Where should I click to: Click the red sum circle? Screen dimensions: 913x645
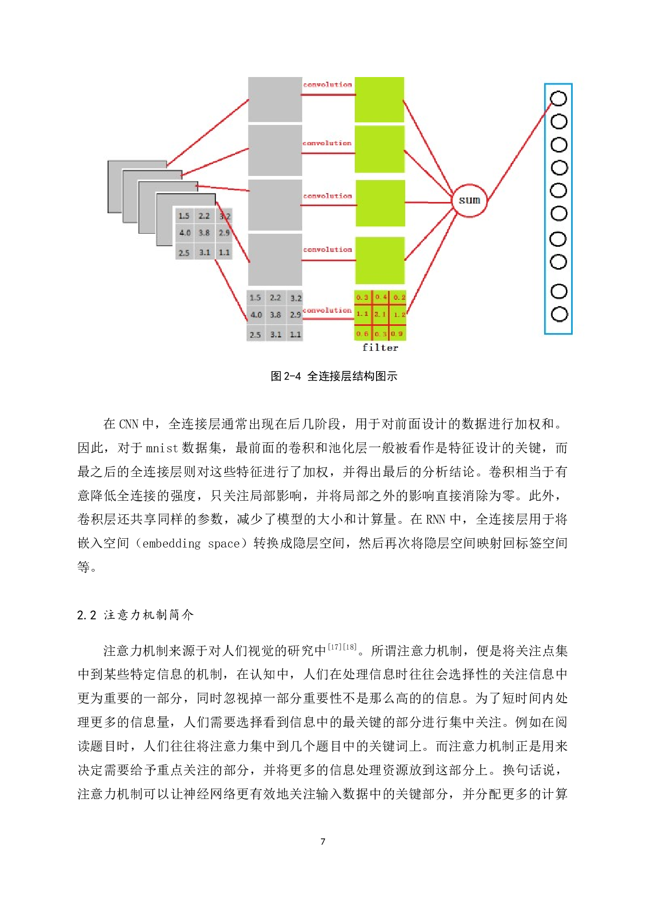(x=469, y=200)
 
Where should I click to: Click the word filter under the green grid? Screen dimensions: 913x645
(x=380, y=348)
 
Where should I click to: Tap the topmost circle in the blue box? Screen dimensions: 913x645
(x=558, y=98)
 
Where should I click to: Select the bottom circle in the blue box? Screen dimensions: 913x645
(x=559, y=314)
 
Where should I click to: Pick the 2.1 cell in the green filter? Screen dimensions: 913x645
(x=380, y=314)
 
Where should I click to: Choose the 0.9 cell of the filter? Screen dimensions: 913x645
(x=397, y=334)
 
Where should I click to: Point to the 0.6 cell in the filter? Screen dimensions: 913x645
(x=363, y=334)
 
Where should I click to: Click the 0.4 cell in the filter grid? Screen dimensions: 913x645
(x=381, y=297)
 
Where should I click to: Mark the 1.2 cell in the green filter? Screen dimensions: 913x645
(x=399, y=314)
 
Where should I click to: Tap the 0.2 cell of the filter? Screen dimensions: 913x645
(x=399, y=297)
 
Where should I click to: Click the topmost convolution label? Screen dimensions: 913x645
(x=328, y=84)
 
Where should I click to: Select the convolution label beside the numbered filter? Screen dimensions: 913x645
(x=327, y=310)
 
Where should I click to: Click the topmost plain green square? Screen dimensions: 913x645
(x=379, y=99)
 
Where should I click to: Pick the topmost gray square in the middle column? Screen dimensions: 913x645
(x=275, y=99)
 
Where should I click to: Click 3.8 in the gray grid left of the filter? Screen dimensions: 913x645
(x=275, y=315)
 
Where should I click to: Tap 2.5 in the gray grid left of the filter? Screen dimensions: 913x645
(x=255, y=335)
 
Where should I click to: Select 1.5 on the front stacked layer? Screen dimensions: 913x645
(x=184, y=215)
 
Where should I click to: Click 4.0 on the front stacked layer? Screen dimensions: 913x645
(x=185, y=233)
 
